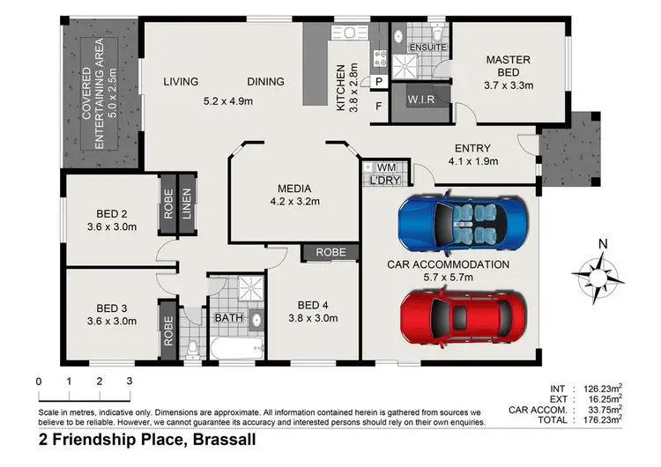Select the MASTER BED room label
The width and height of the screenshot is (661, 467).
pyautogui.click(x=508, y=60)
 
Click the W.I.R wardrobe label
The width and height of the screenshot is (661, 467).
pyautogui.click(x=419, y=99)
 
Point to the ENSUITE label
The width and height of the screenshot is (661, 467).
pyautogui.click(x=429, y=47)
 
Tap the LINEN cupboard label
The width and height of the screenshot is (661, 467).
pyautogui.click(x=186, y=205)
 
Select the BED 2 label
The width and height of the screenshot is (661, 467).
pyautogui.click(x=112, y=212)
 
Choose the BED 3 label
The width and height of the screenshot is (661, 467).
pyautogui.click(x=112, y=308)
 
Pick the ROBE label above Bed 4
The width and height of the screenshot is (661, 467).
pyautogui.click(x=330, y=253)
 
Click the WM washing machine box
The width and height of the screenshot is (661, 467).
pyautogui.click(x=385, y=167)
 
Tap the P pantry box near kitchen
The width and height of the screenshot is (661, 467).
pyautogui.click(x=379, y=82)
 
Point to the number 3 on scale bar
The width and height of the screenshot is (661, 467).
pyautogui.click(x=129, y=382)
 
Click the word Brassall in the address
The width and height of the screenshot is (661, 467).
pyautogui.click(x=232, y=438)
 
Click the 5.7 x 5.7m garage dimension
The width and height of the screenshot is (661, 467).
pyautogui.click(x=448, y=277)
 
